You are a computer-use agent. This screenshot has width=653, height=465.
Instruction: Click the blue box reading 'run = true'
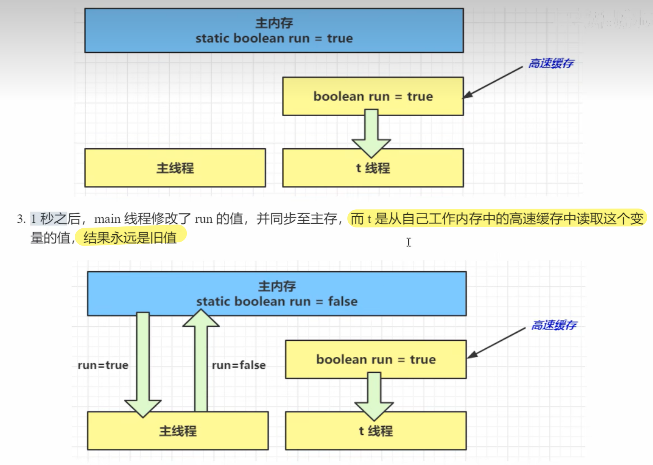pos(274,30)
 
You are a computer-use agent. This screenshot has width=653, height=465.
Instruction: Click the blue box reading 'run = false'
pos(277,294)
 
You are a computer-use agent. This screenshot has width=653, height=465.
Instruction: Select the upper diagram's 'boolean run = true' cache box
pos(373,96)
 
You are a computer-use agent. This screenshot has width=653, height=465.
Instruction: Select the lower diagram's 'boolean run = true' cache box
pos(376,359)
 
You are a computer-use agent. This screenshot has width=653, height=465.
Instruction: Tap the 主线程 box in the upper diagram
pos(175,168)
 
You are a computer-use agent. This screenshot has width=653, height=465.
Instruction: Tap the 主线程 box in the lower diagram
pos(178,431)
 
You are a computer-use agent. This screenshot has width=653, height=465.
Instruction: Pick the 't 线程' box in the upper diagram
pos(373,168)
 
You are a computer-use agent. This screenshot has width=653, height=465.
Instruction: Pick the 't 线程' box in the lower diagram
pos(376,431)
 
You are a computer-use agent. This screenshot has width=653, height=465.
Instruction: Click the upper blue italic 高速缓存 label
pos(551,63)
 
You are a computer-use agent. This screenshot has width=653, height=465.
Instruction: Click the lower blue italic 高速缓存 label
pos(554,325)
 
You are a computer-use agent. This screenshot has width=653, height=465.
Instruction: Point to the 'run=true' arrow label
pos(103,365)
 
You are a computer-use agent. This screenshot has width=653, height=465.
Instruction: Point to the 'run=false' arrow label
pos(239,365)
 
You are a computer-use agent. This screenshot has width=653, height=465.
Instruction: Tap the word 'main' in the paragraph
pos(107,219)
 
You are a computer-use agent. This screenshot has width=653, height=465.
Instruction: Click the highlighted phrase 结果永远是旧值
pos(130,238)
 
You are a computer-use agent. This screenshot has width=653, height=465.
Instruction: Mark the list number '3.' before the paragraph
pos(21,219)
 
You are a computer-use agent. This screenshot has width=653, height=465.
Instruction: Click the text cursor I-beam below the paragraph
pos(408,242)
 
